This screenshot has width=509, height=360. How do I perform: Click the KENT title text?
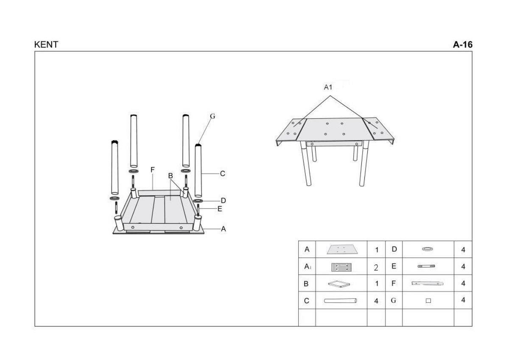(46, 45)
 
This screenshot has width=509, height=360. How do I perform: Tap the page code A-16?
(463, 45)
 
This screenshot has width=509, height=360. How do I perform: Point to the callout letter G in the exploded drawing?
(213, 116)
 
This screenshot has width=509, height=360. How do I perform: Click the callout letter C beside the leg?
(222, 174)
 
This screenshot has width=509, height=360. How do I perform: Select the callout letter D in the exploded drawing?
(224, 200)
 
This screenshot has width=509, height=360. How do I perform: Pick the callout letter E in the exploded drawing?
(220, 208)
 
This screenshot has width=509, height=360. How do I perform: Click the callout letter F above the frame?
(152, 170)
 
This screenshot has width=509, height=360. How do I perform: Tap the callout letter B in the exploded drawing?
(171, 176)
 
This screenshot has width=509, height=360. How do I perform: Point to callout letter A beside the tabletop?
(224, 229)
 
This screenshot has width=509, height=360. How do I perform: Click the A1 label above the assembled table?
(328, 87)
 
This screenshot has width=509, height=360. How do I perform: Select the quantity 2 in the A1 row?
(376, 267)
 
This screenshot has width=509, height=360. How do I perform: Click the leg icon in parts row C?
(340, 301)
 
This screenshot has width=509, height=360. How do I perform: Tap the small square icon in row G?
(428, 301)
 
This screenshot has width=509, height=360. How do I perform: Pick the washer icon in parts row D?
(428, 249)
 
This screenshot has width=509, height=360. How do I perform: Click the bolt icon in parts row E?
(426, 266)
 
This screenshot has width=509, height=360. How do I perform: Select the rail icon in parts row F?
(428, 283)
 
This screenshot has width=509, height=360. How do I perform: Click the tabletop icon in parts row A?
(342, 250)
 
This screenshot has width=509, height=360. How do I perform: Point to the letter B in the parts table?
(306, 284)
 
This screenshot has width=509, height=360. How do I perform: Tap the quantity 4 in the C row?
(376, 301)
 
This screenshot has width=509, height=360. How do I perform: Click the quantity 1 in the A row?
(377, 250)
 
